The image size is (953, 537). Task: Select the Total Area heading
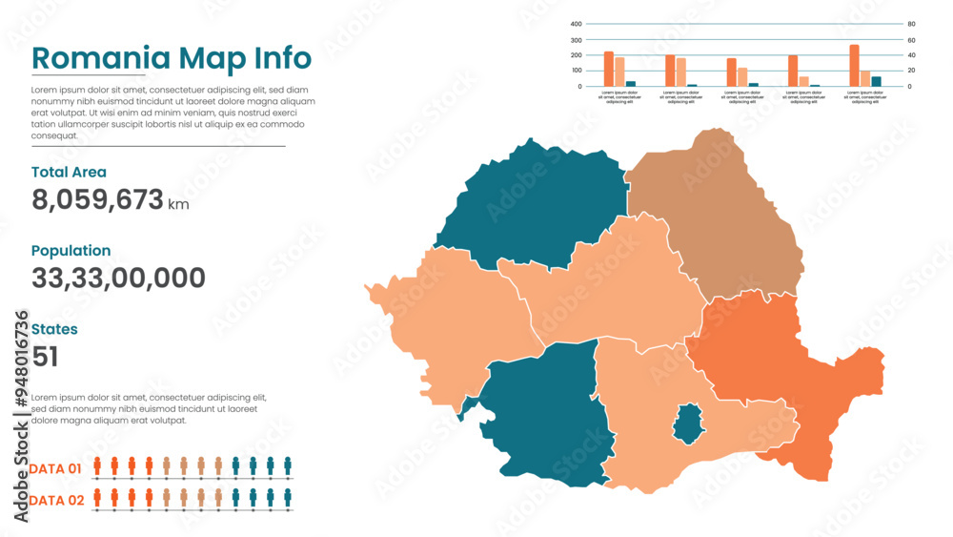69,173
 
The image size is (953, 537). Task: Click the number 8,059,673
97,199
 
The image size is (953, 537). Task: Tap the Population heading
71,251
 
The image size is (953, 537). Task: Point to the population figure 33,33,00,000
118,279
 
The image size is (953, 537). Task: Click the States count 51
45,357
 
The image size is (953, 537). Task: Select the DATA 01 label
55,468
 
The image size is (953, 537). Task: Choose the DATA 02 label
55,500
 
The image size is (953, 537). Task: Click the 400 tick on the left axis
576,25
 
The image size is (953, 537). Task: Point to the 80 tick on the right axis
911,25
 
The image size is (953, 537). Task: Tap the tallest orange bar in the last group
854,65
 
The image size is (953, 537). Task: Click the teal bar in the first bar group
631,83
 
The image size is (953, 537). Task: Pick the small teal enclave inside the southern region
687,423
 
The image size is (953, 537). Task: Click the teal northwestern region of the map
529,210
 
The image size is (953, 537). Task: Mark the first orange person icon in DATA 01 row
97,465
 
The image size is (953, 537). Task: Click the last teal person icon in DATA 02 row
288,497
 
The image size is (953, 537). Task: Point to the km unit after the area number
178,204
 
